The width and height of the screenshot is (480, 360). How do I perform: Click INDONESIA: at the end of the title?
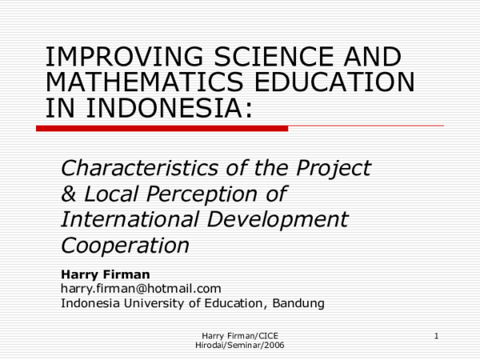click(x=149, y=107)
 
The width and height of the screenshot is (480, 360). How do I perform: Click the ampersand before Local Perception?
click(x=70, y=194)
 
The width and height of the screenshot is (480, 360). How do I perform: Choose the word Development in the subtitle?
click(x=285, y=219)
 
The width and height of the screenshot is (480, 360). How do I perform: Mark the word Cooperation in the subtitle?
click(x=125, y=245)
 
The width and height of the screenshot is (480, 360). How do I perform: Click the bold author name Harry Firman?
click(x=105, y=274)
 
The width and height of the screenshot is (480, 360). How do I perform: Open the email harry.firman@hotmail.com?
click(x=141, y=288)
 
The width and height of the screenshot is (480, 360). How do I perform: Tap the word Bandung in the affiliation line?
click(x=298, y=302)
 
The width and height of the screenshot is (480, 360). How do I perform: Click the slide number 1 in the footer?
click(x=437, y=335)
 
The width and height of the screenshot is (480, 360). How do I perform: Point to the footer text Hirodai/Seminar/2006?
click(x=240, y=345)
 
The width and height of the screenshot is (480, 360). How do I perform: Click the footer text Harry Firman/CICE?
click(x=240, y=335)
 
